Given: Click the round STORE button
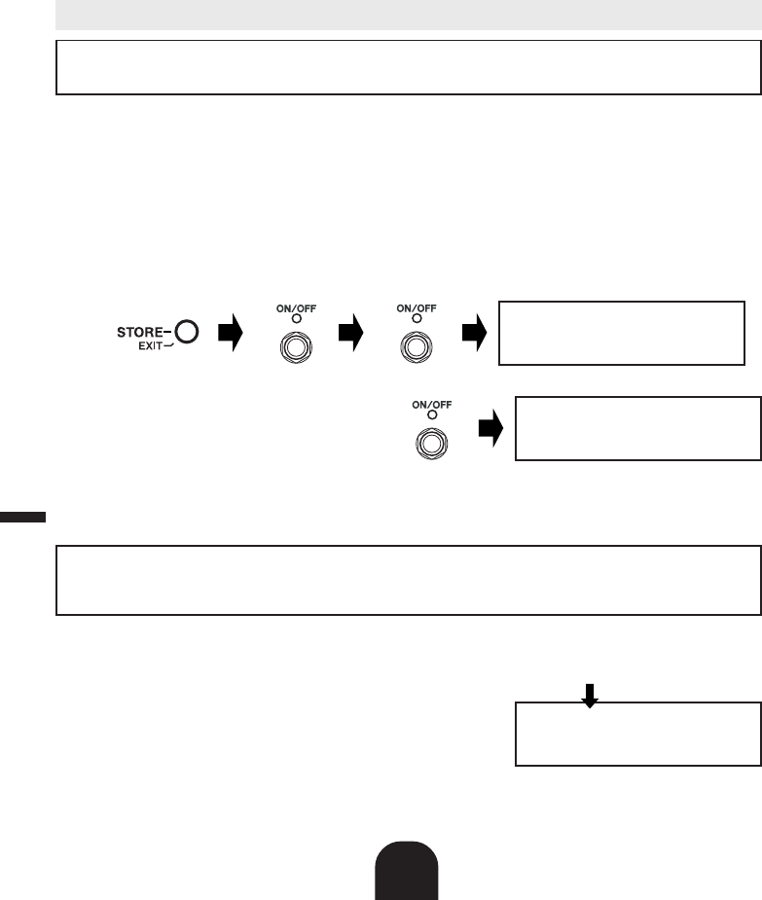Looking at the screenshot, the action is [x=187, y=333].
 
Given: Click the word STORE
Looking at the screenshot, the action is [x=140, y=333].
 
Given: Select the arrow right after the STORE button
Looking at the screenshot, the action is [x=229, y=334].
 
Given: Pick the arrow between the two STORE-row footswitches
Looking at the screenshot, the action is [x=349, y=334].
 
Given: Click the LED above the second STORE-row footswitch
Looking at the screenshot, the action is [x=416, y=319].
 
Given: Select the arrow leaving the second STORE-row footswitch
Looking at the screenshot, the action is [x=473, y=334].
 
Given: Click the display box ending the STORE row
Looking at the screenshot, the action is [x=622, y=333].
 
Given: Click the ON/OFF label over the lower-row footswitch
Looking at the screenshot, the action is [x=431, y=404].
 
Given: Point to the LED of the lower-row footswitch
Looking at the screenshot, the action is [x=431, y=414].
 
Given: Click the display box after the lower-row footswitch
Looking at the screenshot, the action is [x=637, y=428].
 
